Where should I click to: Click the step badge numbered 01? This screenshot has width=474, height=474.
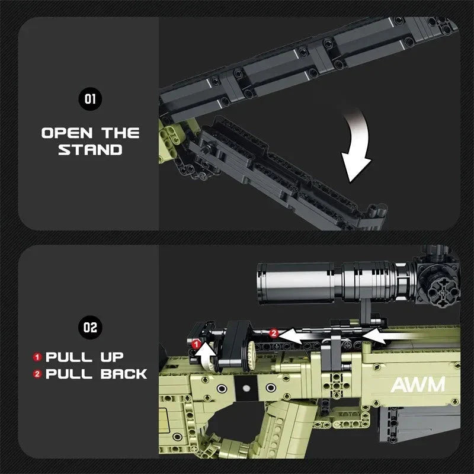pos(90,99)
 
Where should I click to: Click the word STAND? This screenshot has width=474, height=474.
pos(90,150)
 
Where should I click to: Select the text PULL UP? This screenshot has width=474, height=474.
pos(85,357)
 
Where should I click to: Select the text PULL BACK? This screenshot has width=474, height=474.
pos(96,374)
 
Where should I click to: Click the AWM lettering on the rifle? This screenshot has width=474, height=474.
pos(417,385)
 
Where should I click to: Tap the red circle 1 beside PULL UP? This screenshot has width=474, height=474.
pos(37,357)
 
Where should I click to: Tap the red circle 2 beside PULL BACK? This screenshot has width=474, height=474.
pos(37,374)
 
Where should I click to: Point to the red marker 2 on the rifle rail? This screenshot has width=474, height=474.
pos(274,334)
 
